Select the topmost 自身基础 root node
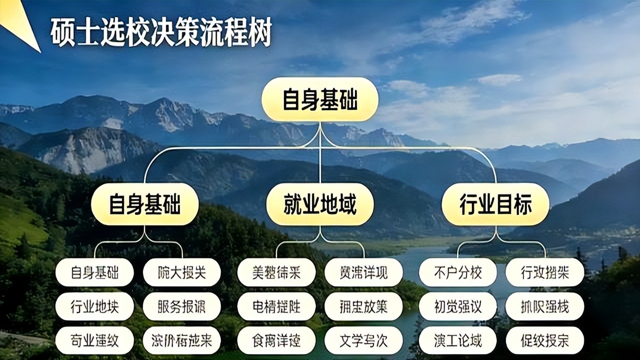click(320, 99)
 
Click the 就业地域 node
click(320, 204)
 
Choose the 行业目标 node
click(495, 204)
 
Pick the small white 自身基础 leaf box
click(94, 272)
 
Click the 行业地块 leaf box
click(94, 306)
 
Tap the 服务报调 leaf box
click(181, 306)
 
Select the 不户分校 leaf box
click(457, 272)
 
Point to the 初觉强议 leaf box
click(457, 306)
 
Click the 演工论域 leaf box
click(457, 340)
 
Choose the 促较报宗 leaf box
click(544, 340)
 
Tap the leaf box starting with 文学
click(363, 340)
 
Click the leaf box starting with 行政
click(544, 272)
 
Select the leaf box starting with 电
click(276, 306)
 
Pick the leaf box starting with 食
click(276, 340)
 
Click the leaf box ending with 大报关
click(181, 272)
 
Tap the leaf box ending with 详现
click(363, 272)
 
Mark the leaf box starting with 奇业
click(94, 340)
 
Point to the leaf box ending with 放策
click(363, 306)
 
